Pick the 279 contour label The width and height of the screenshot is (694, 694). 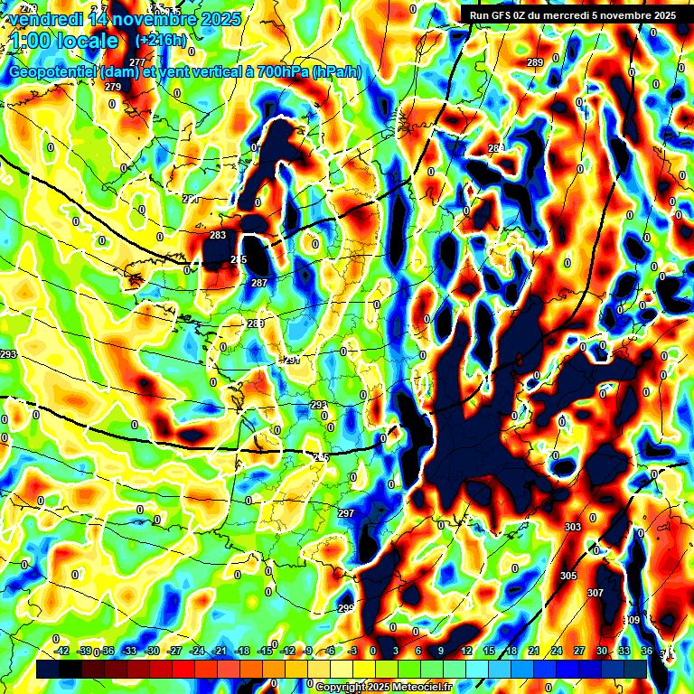(113, 87)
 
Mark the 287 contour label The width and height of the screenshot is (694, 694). (259, 283)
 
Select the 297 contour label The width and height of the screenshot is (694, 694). (346, 513)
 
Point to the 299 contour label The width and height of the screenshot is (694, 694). (346, 607)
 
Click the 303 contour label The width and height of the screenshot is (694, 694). (572, 527)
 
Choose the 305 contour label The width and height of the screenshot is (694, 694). (568, 576)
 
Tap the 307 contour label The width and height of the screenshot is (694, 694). (596, 593)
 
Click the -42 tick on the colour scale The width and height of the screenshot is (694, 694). (61, 651)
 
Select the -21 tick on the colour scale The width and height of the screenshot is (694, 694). (220, 651)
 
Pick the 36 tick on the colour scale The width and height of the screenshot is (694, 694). (646, 651)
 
